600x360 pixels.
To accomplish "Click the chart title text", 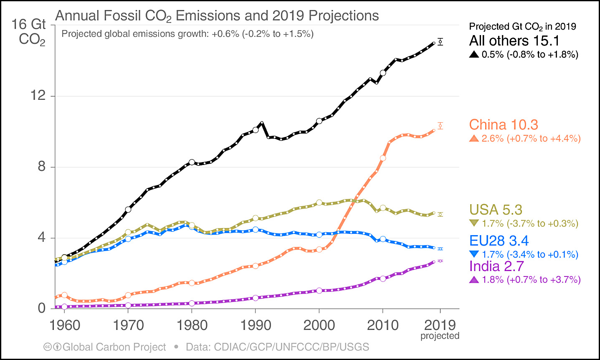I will [x=217, y=16].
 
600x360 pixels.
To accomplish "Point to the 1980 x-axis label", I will [x=192, y=325].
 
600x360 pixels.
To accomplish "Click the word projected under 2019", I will [x=440, y=336].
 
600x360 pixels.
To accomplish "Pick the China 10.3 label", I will [x=504, y=124].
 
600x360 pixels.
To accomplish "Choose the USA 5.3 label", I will [x=496, y=210].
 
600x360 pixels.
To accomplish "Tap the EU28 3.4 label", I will [x=499, y=241].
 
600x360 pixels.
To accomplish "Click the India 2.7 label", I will [x=496, y=266].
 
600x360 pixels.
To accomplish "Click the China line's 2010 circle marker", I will [x=383, y=158].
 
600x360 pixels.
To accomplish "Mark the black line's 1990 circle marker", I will [x=256, y=130].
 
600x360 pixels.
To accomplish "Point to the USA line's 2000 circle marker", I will [x=319, y=202].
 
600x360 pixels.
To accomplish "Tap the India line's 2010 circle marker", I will [x=383, y=278].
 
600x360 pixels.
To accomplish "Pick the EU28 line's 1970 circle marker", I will [x=128, y=239].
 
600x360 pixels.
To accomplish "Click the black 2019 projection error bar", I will [x=440, y=42].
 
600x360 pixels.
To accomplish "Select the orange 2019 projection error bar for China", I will [x=440, y=126].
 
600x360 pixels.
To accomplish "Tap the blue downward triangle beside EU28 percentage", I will [x=474, y=254].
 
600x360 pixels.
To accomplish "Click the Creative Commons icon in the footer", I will [x=48, y=347].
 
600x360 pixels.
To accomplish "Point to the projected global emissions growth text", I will [x=187, y=34].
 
